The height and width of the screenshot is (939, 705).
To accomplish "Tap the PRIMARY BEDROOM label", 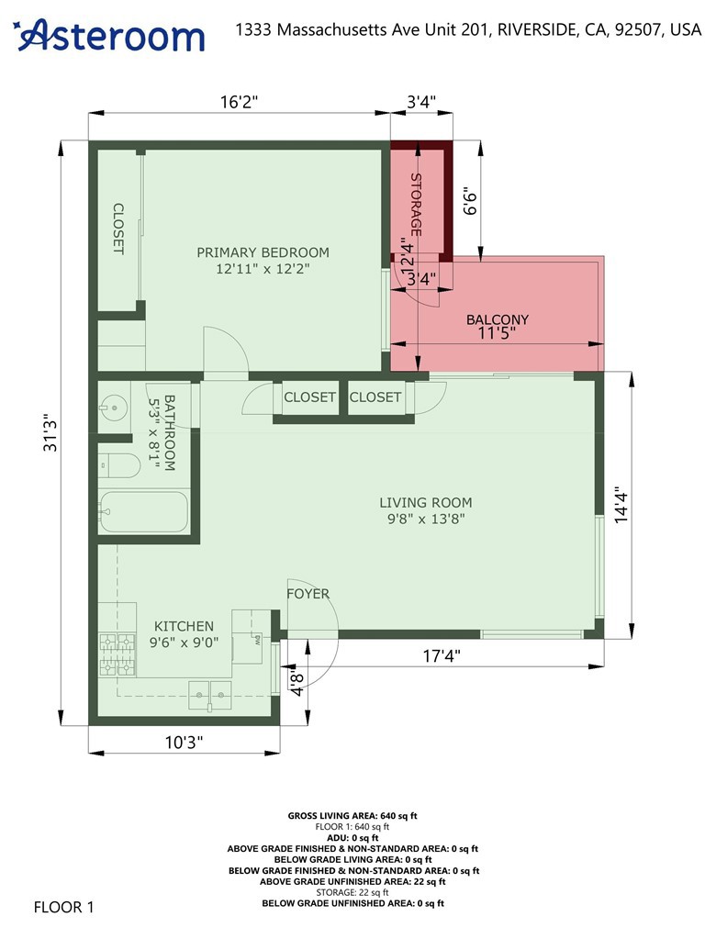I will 263,252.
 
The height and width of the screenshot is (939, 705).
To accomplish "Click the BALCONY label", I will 498,319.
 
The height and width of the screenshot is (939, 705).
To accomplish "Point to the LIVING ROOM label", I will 426,502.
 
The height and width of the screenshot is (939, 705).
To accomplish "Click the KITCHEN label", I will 184,625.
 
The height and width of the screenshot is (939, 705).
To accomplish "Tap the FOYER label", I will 308,594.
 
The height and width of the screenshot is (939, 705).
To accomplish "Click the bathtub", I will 143,512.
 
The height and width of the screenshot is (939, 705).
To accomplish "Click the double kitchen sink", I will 211,694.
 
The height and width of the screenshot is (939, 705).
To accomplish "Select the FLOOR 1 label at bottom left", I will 64,908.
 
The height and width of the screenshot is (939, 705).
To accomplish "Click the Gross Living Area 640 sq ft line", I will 353,815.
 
